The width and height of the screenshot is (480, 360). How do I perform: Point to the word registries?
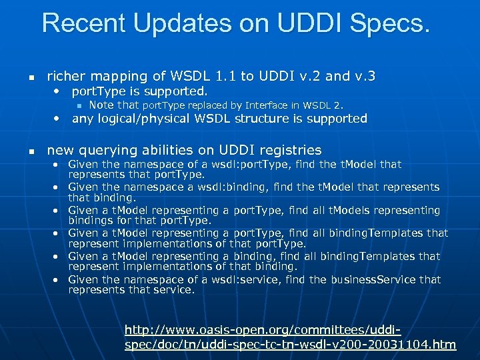point(288,150)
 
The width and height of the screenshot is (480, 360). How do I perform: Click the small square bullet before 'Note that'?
point(78,105)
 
